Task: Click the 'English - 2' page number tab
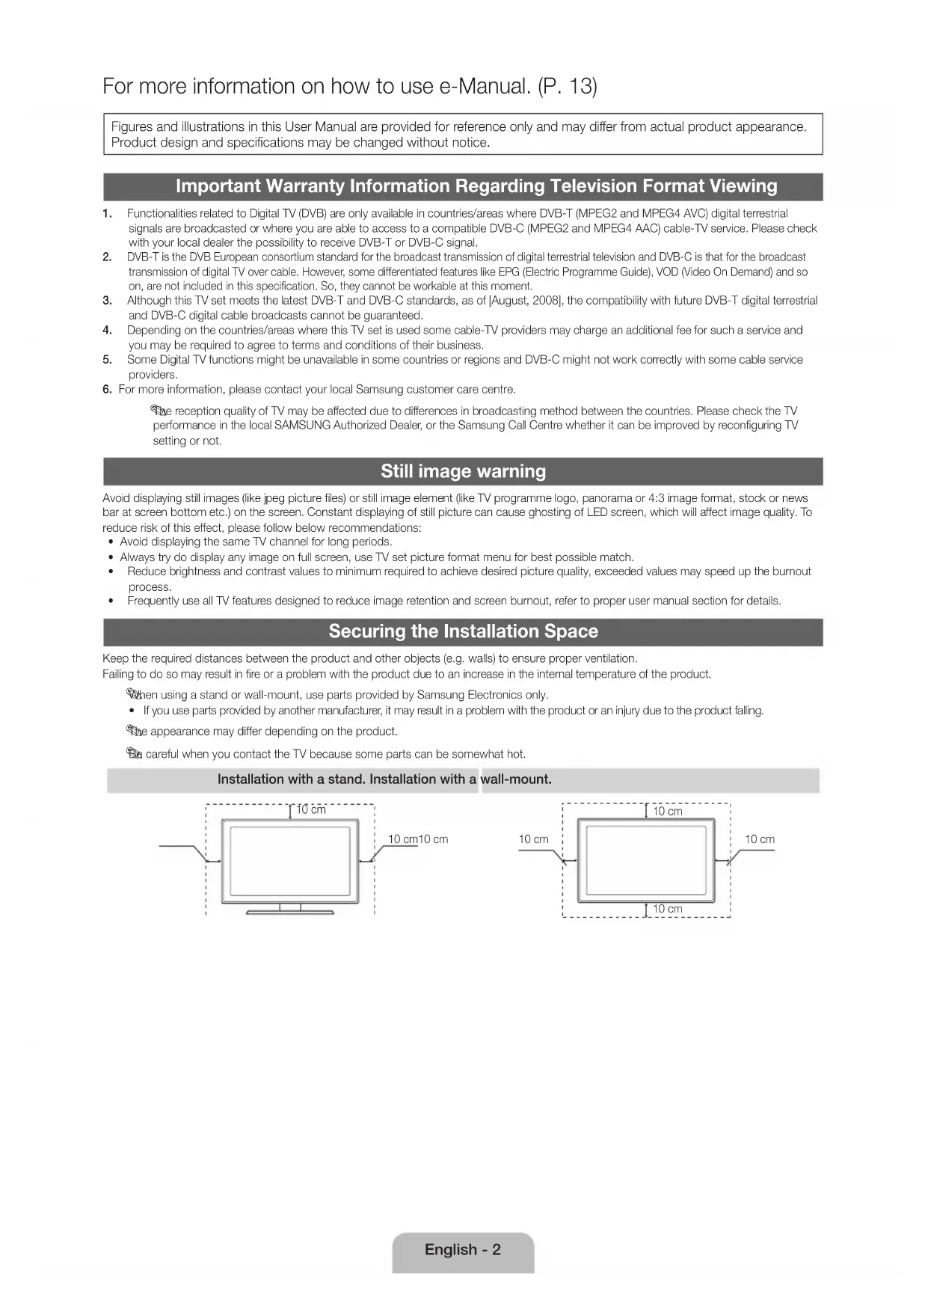coord(463,1250)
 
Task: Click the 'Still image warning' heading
coord(463,471)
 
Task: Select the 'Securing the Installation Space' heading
coord(463,631)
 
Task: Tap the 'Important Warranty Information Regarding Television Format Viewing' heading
coord(476,186)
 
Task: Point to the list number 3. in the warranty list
coord(108,301)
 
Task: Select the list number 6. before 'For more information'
coord(108,390)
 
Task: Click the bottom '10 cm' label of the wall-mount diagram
coord(667,909)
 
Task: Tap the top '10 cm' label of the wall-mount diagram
coord(667,812)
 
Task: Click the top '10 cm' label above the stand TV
coord(311,810)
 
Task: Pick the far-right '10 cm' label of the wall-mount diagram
coord(759,839)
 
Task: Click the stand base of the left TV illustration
coord(290,911)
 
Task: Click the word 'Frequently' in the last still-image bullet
coord(153,601)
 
